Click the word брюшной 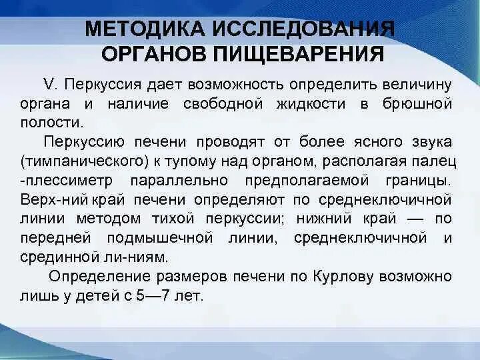417,104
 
